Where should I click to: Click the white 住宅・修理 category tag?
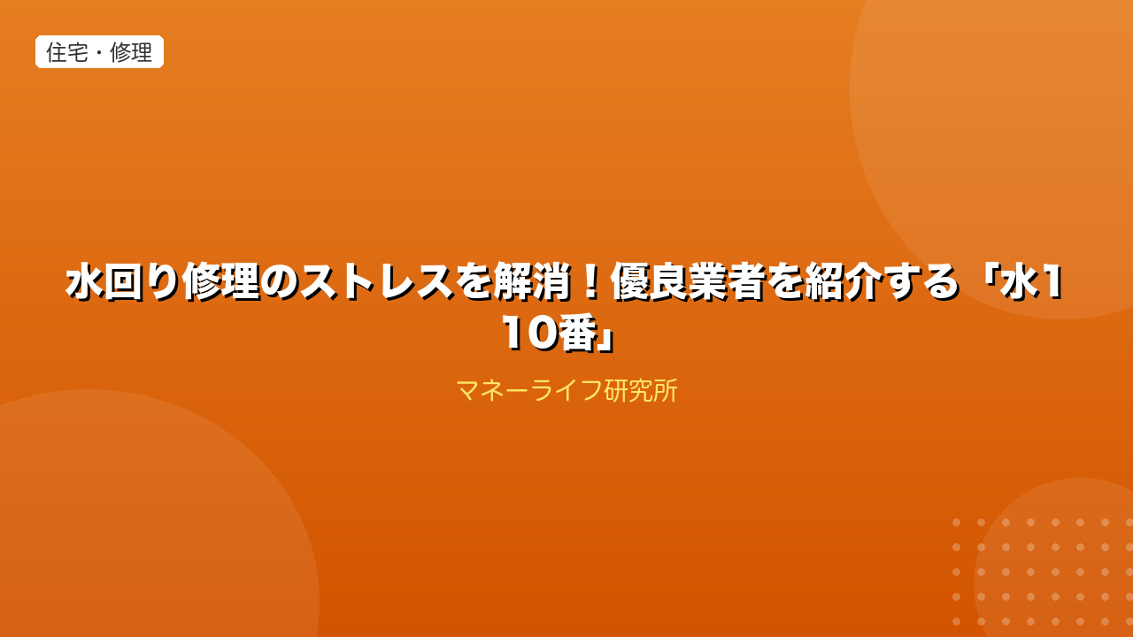100,51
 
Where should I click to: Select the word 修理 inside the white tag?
131,52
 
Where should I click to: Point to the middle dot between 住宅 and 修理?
99,52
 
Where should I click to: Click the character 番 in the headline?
577,334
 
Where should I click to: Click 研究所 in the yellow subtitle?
641,391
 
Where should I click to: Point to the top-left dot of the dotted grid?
957,522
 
